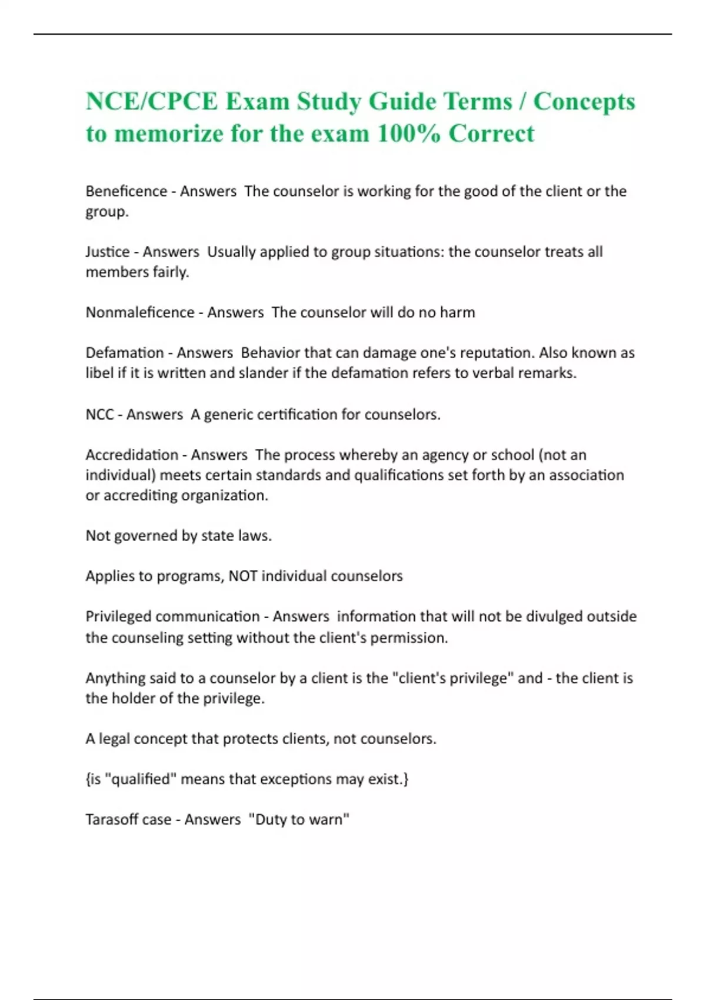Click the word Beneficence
click(x=126, y=191)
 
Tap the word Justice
click(x=108, y=252)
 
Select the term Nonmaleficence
click(x=140, y=312)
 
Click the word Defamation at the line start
click(x=125, y=353)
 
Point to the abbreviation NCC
click(x=99, y=415)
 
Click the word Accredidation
click(x=132, y=455)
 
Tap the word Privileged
click(x=119, y=616)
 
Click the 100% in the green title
click(x=408, y=134)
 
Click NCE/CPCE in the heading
click(x=152, y=101)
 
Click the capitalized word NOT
click(x=242, y=576)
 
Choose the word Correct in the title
click(x=491, y=134)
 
